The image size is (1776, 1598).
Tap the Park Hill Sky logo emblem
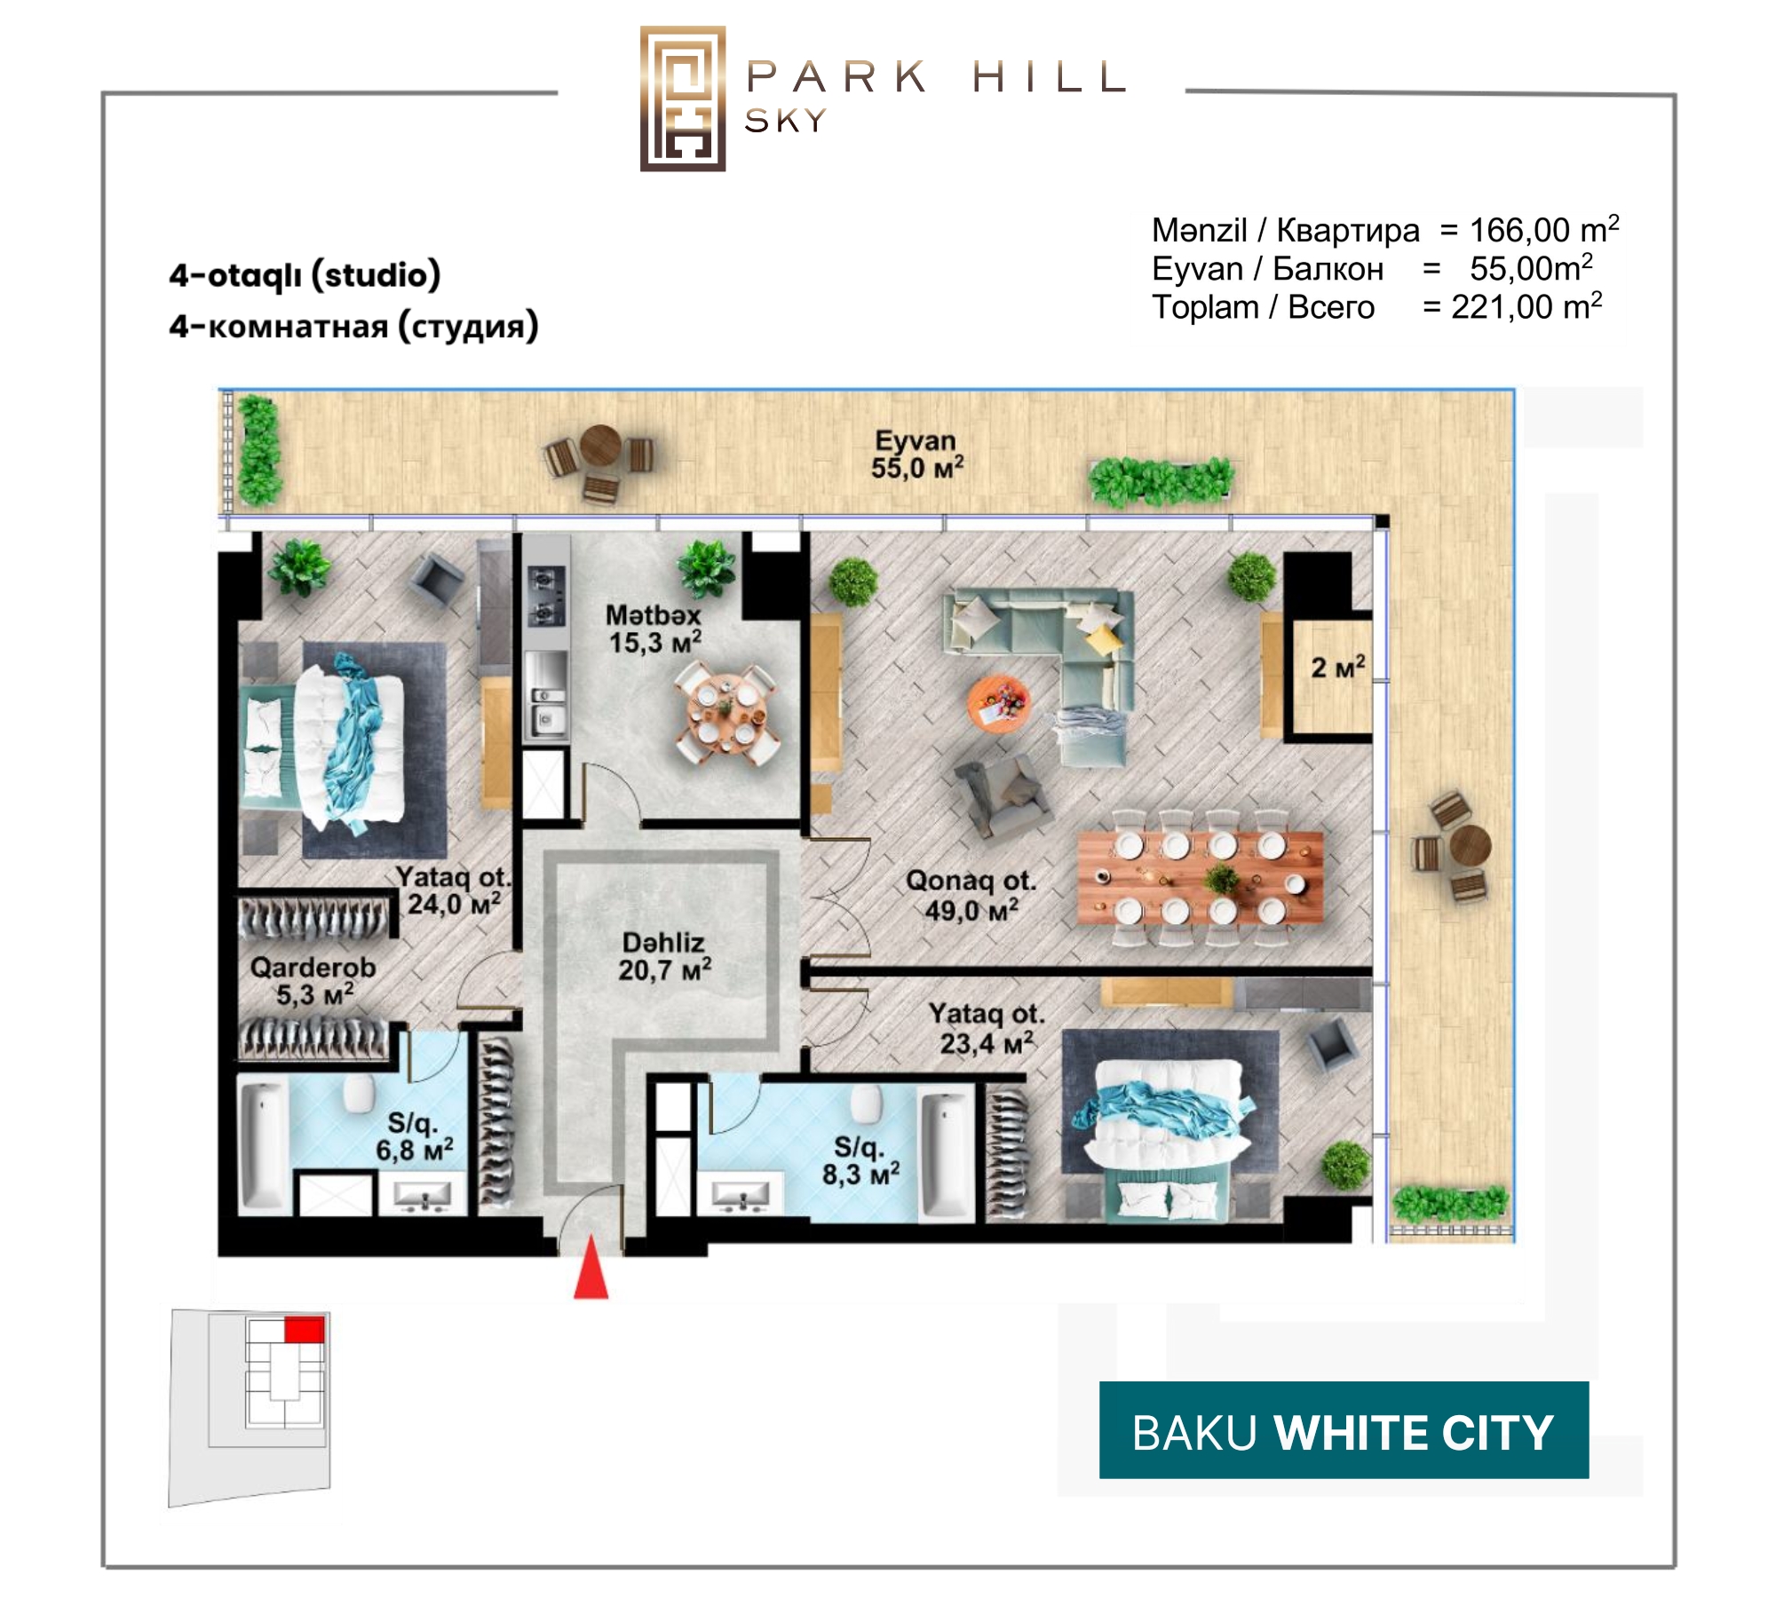pos(683,99)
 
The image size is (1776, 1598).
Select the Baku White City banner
pos(1344,1429)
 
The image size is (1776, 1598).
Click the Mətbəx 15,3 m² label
pos(654,629)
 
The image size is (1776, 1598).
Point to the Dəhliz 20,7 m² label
pos(664,956)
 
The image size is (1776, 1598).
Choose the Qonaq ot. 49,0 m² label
pos(971,896)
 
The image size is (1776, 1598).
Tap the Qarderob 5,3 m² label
pos(313,980)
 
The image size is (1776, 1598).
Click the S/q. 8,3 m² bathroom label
pos(860,1161)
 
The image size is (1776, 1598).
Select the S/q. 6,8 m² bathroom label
pos(414,1137)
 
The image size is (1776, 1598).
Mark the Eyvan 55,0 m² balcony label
pos(916,454)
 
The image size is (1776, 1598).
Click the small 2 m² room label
pos(1338,667)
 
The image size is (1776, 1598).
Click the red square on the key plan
pos(304,1330)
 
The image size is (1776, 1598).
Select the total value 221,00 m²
pos(1526,307)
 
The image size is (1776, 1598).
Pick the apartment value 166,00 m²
pos(1544,230)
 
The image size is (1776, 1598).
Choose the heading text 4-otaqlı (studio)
pos(305,275)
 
